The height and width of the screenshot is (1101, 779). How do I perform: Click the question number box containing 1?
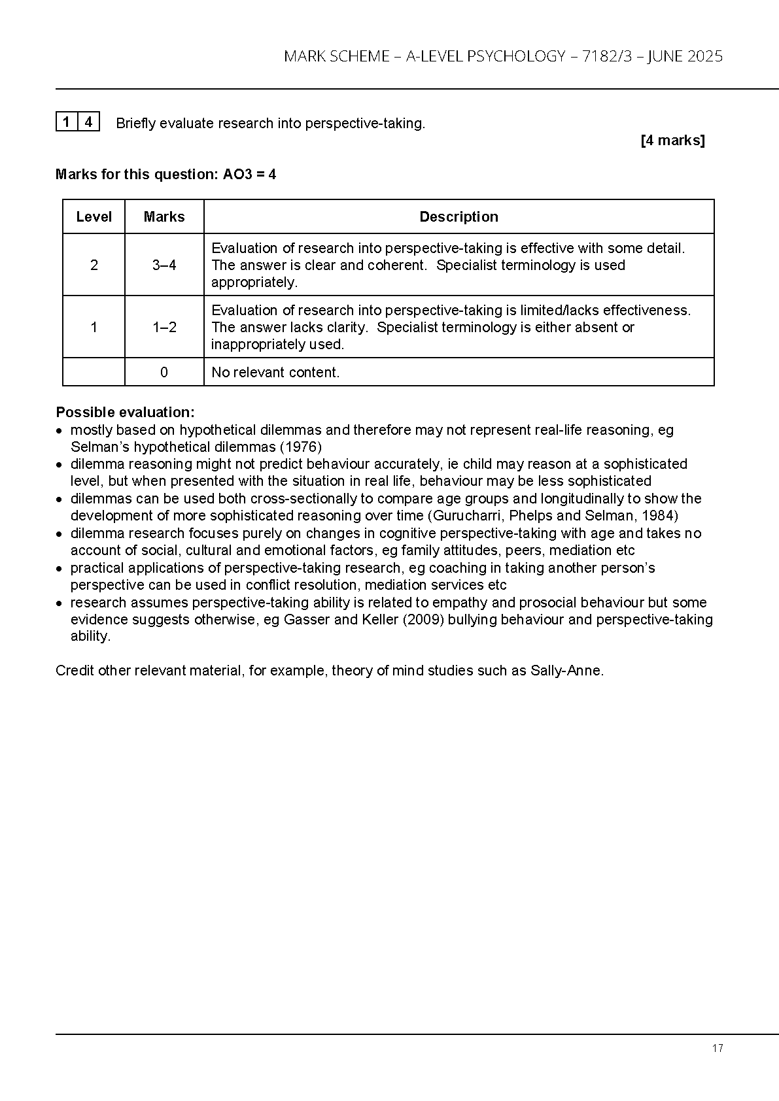66,122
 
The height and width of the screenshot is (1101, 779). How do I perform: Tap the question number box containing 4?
88,122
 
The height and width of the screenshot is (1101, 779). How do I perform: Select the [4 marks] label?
672,141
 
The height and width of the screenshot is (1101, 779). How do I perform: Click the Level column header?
94,217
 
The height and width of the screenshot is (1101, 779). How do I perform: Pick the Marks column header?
164,217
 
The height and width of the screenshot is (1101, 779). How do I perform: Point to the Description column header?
459,217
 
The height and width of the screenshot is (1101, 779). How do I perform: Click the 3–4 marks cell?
164,265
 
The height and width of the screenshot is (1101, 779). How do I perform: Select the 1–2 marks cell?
164,327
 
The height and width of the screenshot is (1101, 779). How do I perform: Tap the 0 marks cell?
164,373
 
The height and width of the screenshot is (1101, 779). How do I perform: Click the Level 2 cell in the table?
94,265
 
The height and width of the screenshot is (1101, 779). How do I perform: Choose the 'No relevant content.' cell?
275,373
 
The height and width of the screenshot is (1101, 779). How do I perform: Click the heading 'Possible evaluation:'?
125,413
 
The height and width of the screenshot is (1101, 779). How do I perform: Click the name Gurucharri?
464,516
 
